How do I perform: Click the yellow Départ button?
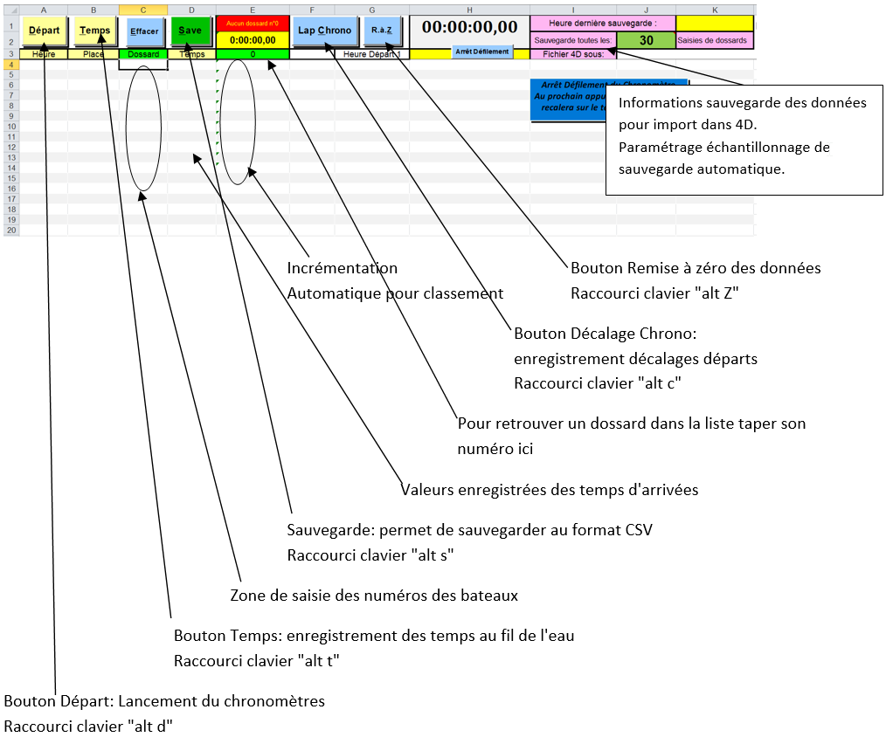click(x=44, y=31)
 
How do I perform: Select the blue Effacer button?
click(x=144, y=31)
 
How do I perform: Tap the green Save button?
click(x=190, y=31)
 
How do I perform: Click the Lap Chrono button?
click(x=324, y=31)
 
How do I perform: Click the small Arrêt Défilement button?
click(x=481, y=52)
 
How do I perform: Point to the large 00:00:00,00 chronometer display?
click(x=469, y=27)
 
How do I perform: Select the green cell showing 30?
click(x=646, y=40)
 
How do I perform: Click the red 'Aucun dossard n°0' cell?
click(x=253, y=24)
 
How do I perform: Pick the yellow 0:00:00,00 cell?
click(x=253, y=40)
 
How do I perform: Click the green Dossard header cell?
click(x=143, y=54)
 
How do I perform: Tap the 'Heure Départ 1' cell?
click(x=371, y=54)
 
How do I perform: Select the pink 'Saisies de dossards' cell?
click(x=714, y=40)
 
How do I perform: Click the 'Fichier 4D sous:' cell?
click(x=572, y=54)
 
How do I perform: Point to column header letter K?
click(x=715, y=9)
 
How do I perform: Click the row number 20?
click(x=11, y=231)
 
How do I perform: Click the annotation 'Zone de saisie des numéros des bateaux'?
click(x=374, y=596)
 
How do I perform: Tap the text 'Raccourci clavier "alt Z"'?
click(x=655, y=293)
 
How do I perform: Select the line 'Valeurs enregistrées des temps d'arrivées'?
click(x=550, y=490)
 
